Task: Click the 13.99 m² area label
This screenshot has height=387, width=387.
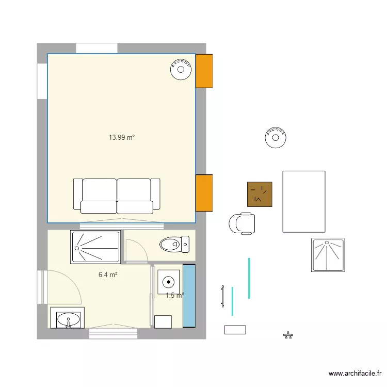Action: (x=122, y=137)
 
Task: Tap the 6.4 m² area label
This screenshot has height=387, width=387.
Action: (x=108, y=275)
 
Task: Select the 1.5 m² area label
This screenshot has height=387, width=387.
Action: (x=175, y=295)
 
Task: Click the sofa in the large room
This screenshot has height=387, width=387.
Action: (x=117, y=196)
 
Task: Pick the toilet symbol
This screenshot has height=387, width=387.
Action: (x=174, y=245)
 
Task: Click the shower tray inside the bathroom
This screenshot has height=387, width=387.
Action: (x=95, y=247)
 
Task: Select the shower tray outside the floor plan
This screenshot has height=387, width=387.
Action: (x=328, y=255)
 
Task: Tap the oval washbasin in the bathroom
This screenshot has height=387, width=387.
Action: (x=68, y=320)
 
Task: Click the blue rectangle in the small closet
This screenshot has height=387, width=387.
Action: (x=189, y=296)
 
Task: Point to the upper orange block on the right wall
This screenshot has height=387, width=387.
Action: (x=204, y=71)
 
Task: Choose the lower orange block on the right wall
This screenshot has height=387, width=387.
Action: (x=204, y=193)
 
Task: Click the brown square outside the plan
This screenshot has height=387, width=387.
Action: (x=260, y=194)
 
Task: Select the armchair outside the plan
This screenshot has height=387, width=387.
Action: (x=242, y=223)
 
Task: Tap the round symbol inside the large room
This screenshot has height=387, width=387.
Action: (x=181, y=70)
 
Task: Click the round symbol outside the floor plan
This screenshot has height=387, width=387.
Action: (x=276, y=137)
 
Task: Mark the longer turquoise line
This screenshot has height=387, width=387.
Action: (x=249, y=279)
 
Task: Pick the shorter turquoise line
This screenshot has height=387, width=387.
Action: (x=232, y=301)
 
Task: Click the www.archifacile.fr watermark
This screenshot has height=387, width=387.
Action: (x=355, y=374)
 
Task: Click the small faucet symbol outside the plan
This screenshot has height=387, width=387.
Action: (x=288, y=335)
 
